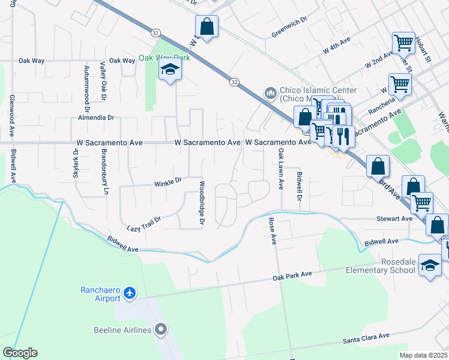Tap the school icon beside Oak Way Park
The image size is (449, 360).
click(x=170, y=70)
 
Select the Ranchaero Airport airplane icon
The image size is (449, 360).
click(x=130, y=294)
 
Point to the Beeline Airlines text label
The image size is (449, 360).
click(x=122, y=329)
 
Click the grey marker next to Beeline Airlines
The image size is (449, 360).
click(x=160, y=329)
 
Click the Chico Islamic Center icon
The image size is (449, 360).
click(x=270, y=92)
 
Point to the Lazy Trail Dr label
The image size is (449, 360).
click(x=144, y=224)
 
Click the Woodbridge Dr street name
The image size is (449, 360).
click(x=202, y=204)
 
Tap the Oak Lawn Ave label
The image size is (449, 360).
click(x=280, y=170)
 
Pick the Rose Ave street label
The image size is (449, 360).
click(x=273, y=230)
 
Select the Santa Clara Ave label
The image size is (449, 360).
click(x=366, y=339)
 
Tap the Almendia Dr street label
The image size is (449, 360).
click(x=91, y=118)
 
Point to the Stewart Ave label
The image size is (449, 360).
click(x=394, y=219)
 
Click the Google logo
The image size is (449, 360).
click(x=20, y=353)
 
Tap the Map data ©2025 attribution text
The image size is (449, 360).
click(x=423, y=355)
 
